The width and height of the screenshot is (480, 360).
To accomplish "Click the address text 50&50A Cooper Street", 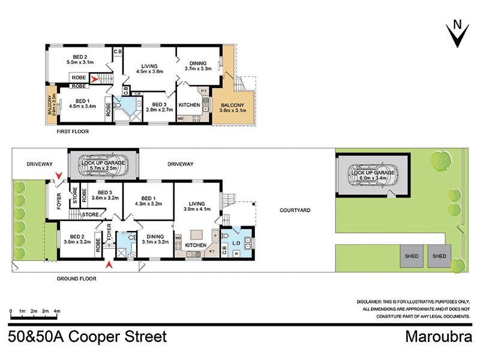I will [88, 337].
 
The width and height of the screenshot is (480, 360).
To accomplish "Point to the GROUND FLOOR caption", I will [77, 278].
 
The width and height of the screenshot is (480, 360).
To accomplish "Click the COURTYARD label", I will [296, 211].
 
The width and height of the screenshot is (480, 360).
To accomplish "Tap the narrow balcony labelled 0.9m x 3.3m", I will [51, 104].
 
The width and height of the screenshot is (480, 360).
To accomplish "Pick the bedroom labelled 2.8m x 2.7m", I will [158, 107].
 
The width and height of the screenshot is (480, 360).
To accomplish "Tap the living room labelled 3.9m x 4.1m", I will [197, 205].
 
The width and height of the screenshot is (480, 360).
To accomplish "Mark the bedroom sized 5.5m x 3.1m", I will [80, 58].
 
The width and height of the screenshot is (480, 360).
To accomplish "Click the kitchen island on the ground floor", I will [197, 233].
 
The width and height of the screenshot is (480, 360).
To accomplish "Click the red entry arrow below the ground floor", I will [109, 264].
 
